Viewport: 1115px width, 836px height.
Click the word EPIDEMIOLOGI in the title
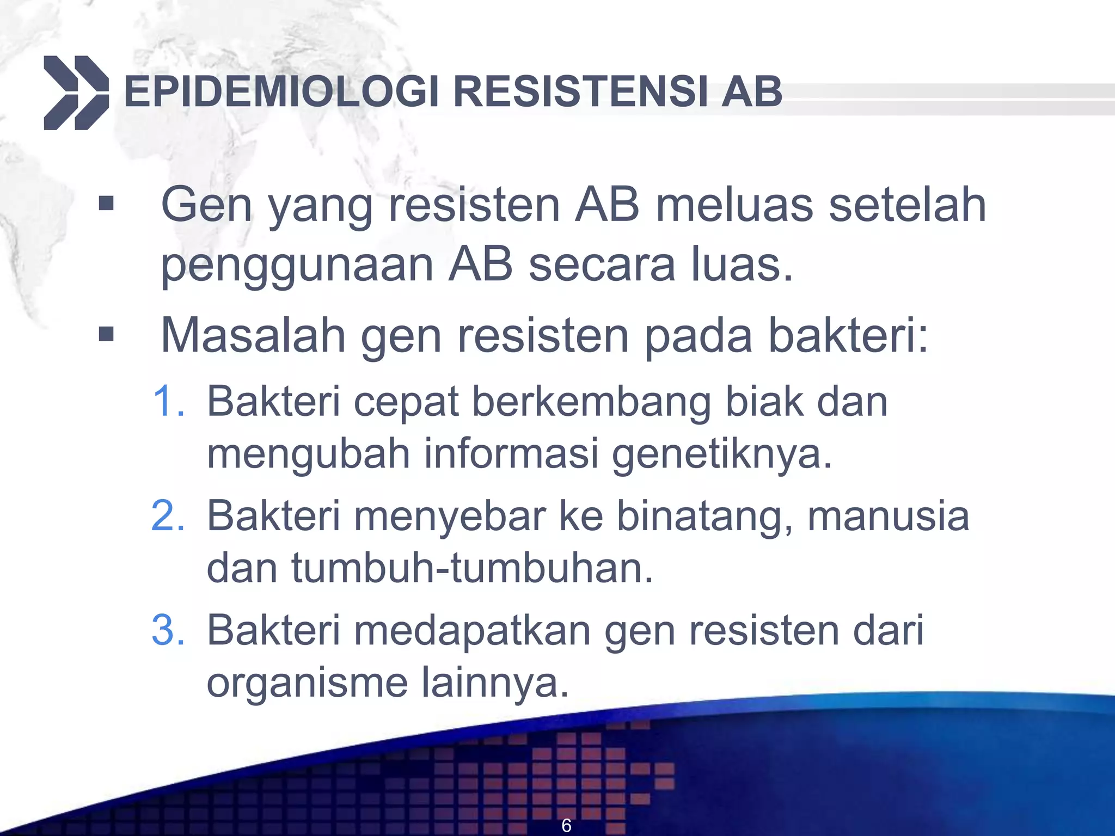[281, 91]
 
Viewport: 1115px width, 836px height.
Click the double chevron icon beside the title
[76, 93]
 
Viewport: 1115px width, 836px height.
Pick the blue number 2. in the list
[168, 515]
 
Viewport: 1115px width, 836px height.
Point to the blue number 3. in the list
[168, 630]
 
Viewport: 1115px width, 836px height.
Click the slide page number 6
[566, 826]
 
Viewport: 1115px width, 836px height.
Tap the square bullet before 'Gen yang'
[107, 204]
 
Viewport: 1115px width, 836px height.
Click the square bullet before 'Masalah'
[107, 334]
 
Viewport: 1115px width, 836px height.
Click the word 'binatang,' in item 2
[704, 516]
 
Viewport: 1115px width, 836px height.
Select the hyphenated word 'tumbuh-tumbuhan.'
[472, 568]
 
